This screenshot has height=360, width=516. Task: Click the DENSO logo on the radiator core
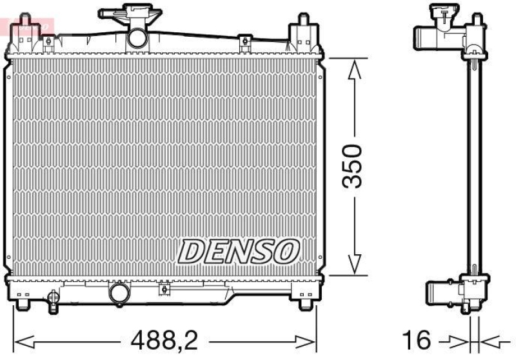(x=239, y=250)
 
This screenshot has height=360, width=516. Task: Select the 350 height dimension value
(x=352, y=166)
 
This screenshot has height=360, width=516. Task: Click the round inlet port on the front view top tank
(x=137, y=37)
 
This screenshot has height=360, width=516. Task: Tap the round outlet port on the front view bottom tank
(x=119, y=294)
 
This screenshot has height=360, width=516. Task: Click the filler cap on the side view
(x=444, y=11)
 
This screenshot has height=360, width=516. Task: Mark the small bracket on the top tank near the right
(x=244, y=43)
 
